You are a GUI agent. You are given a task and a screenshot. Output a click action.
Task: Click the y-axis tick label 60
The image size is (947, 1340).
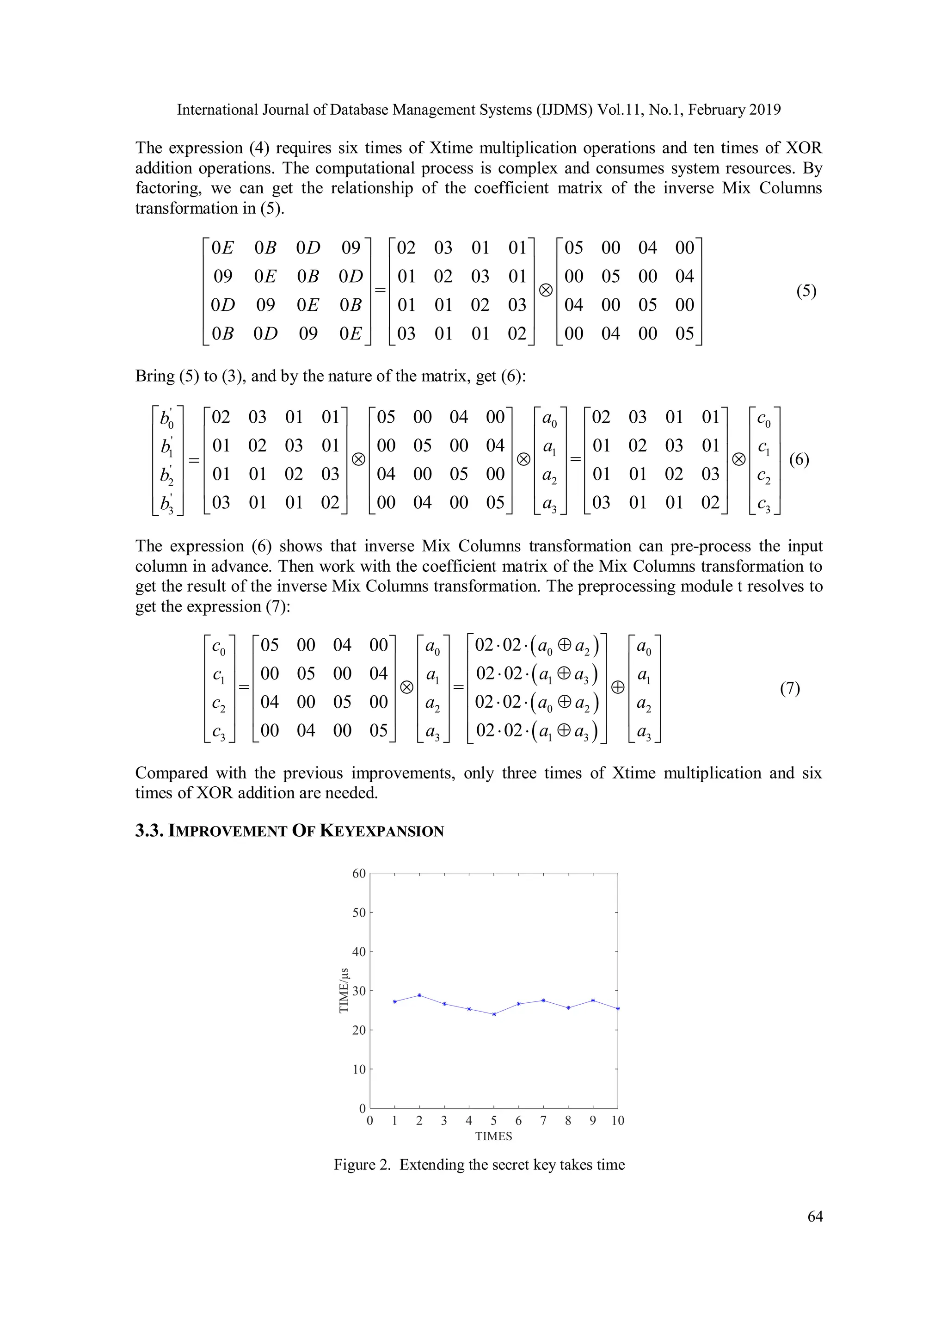pos(359,874)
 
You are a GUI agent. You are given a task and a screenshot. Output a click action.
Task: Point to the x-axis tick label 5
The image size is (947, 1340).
pos(494,1120)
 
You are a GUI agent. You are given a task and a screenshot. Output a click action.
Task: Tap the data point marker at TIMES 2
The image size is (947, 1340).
pos(419,995)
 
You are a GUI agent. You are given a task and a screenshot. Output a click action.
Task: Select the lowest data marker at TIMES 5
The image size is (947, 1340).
pos(494,1014)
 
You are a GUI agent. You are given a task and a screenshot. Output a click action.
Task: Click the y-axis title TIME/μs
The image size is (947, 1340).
pos(344,990)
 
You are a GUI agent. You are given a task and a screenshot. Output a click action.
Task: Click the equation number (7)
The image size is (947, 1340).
pos(789,688)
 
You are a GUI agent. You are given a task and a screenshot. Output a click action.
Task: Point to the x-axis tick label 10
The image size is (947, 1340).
pos(617,1120)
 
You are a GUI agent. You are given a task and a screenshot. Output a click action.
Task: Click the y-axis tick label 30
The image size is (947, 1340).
pos(359,991)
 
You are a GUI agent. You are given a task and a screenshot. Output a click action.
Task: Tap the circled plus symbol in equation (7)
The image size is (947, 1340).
pos(617,687)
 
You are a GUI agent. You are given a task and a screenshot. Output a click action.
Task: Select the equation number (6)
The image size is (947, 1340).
pos(799,459)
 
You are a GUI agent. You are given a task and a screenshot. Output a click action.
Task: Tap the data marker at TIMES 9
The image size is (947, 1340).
pos(593,1000)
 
